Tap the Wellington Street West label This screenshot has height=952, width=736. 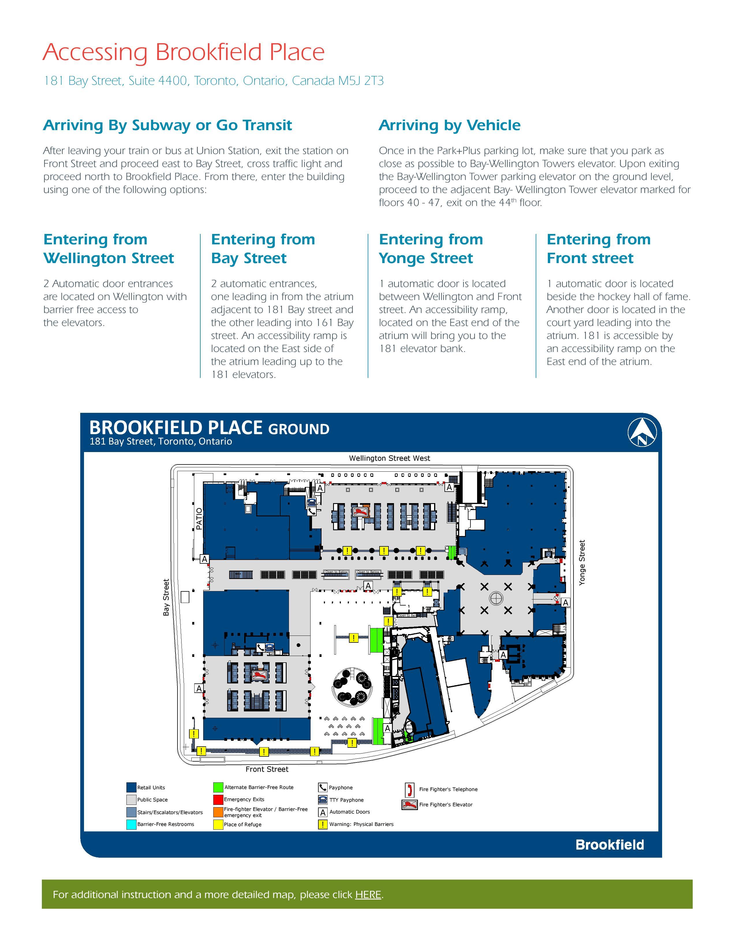tap(389, 458)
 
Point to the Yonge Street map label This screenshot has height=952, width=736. tap(582, 562)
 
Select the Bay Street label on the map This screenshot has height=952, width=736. tap(166, 597)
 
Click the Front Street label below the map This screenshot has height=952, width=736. tap(267, 769)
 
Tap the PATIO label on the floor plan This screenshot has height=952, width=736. tap(199, 518)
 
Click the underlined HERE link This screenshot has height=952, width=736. tap(368, 895)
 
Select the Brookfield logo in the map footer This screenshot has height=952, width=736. tap(610, 845)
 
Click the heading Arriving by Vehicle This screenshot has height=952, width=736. tap(449, 125)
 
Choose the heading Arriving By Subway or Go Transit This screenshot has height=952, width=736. tap(167, 125)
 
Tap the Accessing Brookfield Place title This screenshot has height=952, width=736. tap(184, 52)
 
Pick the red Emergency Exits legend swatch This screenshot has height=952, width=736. tap(218, 799)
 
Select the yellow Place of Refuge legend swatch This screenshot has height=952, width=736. tap(218, 824)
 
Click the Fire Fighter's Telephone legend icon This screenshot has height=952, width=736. tap(410, 789)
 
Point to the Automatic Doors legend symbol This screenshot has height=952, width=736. tap(323, 812)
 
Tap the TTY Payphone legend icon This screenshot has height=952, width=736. tap(323, 800)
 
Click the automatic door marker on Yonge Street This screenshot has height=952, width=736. tap(565, 602)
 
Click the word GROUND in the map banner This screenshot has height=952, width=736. tap(299, 429)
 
